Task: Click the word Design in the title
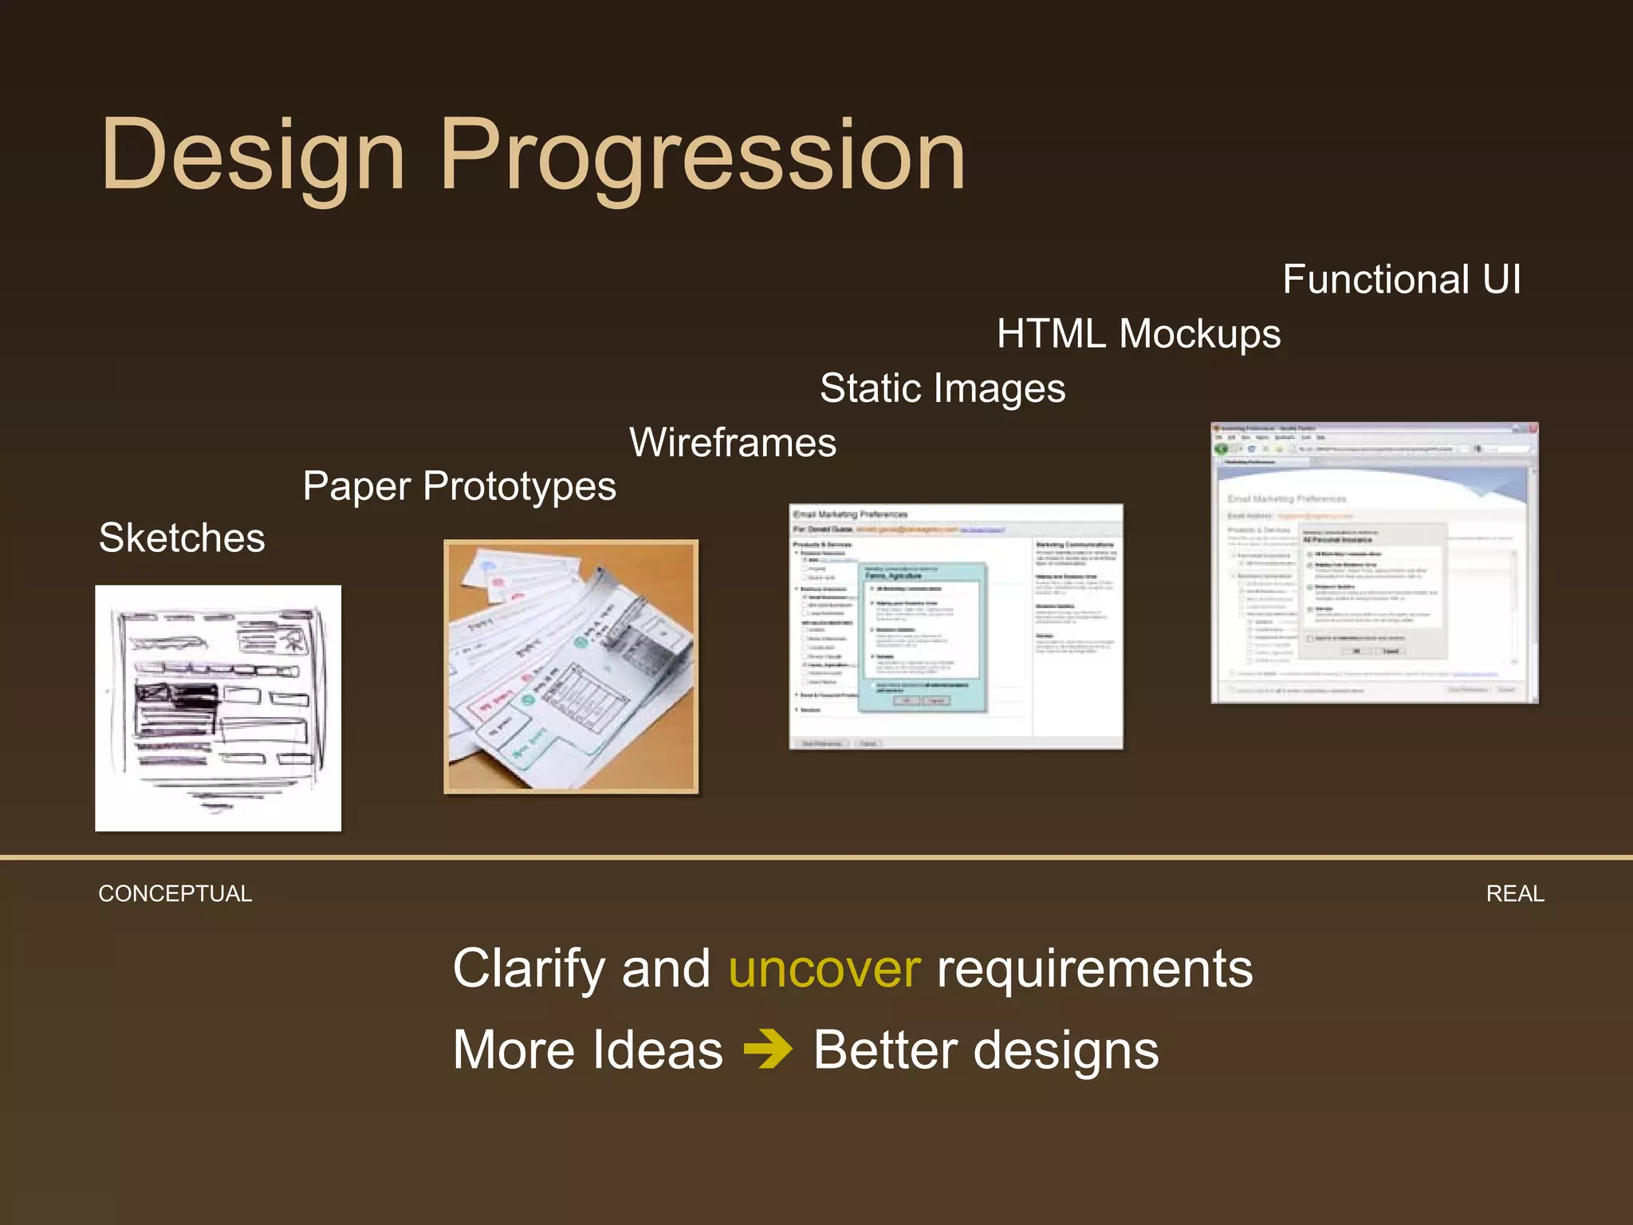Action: pos(253,156)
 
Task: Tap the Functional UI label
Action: pos(1401,280)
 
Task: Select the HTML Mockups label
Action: pos(1138,333)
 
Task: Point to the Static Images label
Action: pos(942,388)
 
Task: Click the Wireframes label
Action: pos(732,443)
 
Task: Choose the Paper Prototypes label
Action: pos(459,486)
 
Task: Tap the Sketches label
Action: pos(181,538)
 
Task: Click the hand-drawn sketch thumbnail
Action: pos(218,708)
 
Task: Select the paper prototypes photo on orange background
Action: pos(571,667)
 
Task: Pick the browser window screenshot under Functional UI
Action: pos(1374,563)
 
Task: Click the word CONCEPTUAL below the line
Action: pos(175,894)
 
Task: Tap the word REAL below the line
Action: pos(1514,894)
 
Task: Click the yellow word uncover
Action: pos(824,969)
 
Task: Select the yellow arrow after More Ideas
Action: pos(767,1050)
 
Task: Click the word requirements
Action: pos(1094,969)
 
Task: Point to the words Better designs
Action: pos(986,1050)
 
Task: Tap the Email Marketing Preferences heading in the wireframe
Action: pos(850,514)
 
